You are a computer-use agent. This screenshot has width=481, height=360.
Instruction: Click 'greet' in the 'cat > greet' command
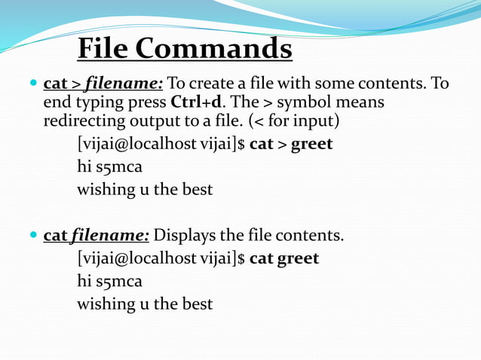pos(311,144)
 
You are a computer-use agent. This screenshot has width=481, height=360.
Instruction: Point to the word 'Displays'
pos(185,236)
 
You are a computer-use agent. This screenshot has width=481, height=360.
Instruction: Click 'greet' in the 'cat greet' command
pos(298,258)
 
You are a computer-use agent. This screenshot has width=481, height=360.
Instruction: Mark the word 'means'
pos(364,102)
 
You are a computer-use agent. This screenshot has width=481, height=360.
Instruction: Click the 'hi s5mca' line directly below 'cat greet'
pos(109,282)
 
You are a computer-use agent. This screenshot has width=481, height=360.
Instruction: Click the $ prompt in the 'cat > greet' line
pos(241,144)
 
